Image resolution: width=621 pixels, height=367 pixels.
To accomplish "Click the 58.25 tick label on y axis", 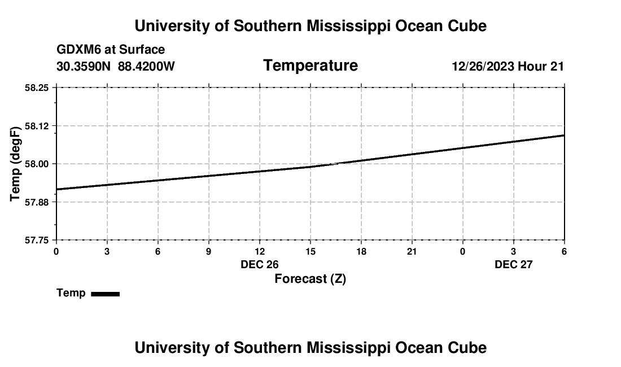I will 37,88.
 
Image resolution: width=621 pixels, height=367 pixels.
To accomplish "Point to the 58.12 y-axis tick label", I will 37,125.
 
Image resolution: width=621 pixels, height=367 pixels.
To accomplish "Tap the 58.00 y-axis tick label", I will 37,164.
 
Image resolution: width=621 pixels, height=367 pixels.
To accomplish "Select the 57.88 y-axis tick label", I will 37,202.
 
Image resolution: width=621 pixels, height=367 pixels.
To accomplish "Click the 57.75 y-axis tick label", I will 37,240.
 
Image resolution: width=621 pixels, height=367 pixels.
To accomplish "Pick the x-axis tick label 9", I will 209,251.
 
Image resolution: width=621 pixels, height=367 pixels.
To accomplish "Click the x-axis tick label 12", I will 260,251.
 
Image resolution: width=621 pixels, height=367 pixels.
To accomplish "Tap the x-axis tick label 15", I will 310,251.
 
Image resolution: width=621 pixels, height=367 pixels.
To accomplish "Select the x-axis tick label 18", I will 361,251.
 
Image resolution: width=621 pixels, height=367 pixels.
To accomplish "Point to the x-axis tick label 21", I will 412,251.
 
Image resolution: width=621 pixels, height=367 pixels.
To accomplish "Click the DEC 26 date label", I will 260,264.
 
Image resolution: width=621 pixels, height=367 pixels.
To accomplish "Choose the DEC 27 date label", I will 514,264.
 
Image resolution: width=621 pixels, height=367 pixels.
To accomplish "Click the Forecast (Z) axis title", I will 310,278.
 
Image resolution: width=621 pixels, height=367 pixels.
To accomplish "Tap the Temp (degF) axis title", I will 16,164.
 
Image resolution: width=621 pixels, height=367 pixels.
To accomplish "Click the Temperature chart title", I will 310,65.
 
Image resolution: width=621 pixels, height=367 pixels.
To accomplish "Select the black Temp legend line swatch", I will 105,294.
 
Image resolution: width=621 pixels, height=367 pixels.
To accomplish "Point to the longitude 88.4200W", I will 146,67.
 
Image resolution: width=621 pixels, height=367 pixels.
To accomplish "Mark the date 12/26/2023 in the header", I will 483,67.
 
